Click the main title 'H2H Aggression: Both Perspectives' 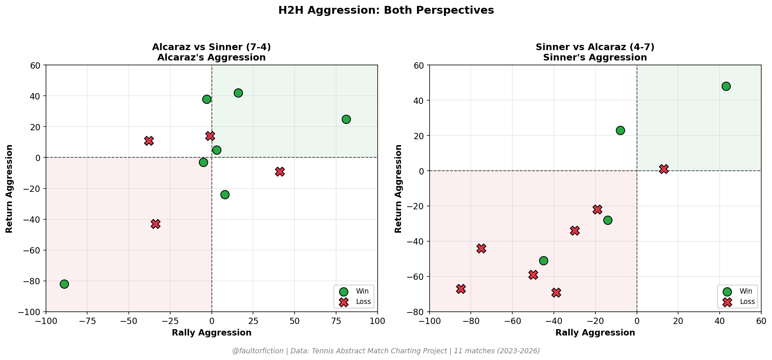tap(386, 10)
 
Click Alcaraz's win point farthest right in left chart tap(346, 119)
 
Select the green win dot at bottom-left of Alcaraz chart tap(64, 284)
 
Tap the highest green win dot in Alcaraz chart tap(238, 93)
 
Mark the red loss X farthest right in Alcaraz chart tap(280, 171)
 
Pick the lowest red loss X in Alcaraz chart tap(155, 224)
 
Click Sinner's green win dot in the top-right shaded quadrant tap(726, 86)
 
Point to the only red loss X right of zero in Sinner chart tap(664, 169)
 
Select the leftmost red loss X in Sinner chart tap(461, 289)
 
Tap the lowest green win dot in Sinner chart tap(543, 261)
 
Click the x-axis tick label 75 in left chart tap(336, 320)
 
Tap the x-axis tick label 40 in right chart tap(720, 320)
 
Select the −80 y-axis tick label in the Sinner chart tap(418, 312)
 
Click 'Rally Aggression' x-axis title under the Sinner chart tap(595, 333)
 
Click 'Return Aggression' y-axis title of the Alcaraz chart tap(10, 189)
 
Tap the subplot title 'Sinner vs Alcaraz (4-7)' tap(595, 47)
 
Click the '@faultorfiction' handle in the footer tap(258, 351)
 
